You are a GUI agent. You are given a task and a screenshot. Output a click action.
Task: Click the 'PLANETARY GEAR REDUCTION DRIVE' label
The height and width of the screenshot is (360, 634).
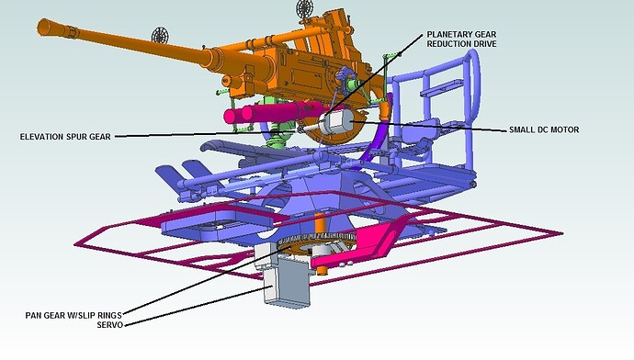tap(461, 39)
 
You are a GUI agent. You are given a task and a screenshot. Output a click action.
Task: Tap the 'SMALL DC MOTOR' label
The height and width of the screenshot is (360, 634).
tap(544, 129)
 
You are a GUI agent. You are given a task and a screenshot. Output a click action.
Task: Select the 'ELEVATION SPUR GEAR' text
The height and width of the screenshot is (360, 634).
tap(65, 137)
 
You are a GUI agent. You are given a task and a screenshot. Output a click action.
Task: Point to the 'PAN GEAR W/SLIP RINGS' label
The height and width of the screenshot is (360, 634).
tap(74, 315)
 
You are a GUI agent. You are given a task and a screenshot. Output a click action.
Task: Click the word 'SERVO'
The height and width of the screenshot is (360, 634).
tap(109, 324)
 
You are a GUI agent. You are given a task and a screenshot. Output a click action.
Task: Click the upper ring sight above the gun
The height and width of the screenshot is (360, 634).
tap(305, 7)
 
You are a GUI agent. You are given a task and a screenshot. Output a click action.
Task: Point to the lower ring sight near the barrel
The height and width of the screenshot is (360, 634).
tap(160, 37)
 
